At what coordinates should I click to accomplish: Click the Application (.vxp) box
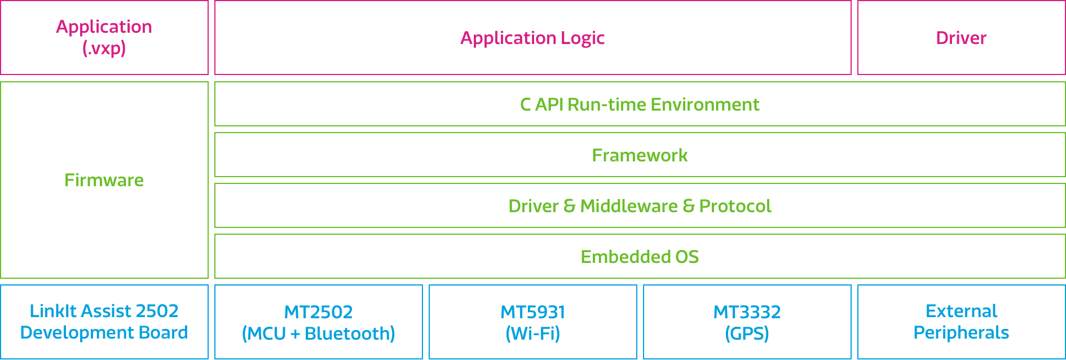tap(104, 37)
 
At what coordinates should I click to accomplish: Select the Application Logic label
tap(532, 38)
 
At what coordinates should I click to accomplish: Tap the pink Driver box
tap(961, 38)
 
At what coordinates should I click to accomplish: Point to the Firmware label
tap(104, 180)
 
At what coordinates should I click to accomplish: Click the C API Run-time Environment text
tap(640, 104)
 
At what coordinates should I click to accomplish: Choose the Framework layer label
tap(640, 155)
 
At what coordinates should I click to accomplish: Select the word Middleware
tap(628, 206)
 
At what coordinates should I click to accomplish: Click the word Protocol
tap(735, 206)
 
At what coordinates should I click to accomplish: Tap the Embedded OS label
tap(640, 257)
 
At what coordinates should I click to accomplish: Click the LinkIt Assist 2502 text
tap(104, 311)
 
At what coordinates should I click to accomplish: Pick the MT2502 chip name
tap(318, 312)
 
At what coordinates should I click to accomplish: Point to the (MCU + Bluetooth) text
tap(318, 333)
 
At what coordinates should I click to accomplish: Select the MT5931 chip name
tap(532, 312)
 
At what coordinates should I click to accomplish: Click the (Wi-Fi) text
tap(532, 333)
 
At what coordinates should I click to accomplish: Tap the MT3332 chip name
tap(747, 312)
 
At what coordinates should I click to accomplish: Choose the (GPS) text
tap(747, 333)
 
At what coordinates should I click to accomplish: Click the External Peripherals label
tap(961, 322)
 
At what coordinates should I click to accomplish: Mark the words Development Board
tap(104, 332)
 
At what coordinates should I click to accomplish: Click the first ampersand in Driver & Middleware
tap(570, 206)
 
